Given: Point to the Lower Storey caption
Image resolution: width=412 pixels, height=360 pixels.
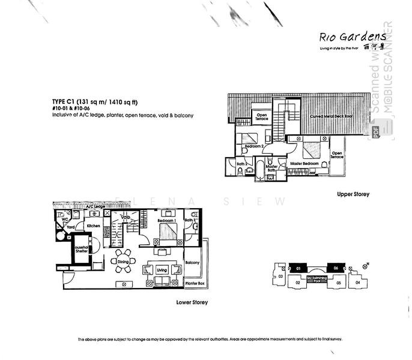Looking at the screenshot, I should point(192,302).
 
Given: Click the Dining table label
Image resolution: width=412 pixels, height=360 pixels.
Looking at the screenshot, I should point(123,262).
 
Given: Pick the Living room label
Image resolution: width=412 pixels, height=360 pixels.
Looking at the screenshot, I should point(162,271).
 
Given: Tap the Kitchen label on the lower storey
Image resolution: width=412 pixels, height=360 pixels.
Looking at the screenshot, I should point(92,226).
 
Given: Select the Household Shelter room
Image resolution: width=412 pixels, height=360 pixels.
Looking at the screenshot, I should point(82,252).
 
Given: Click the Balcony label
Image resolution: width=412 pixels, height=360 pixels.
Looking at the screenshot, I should point(193,263).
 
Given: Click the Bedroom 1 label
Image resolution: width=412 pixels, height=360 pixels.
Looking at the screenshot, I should point(166,221).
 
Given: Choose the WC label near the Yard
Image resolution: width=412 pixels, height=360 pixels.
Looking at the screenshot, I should point(62,220).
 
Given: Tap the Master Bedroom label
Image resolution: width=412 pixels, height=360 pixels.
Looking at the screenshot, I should point(305,163).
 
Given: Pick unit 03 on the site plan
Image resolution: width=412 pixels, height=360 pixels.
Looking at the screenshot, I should point(280,277).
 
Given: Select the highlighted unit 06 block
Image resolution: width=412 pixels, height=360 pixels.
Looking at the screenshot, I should point(337,268).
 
